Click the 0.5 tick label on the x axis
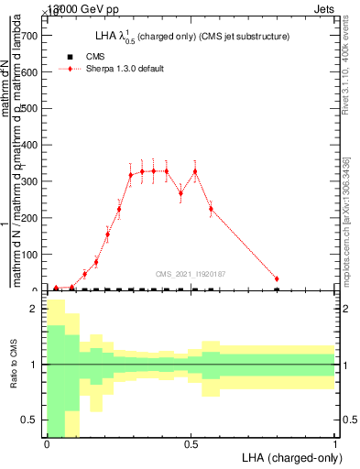[x=191, y=444]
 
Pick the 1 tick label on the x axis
[x=334, y=444]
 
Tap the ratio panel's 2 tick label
[x=34, y=309]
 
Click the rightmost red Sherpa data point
[x=277, y=278]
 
